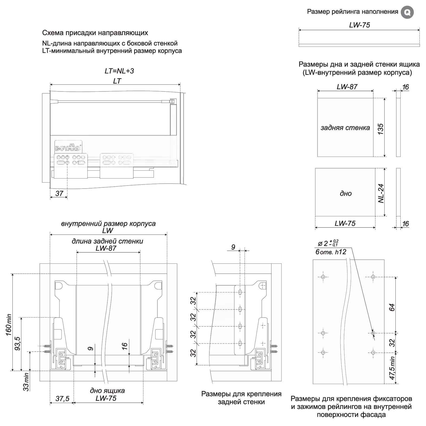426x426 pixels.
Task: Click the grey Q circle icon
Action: pyautogui.click(x=407, y=12)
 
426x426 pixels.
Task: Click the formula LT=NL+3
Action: pyautogui.click(x=119, y=71)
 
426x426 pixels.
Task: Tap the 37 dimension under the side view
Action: pyautogui.click(x=59, y=193)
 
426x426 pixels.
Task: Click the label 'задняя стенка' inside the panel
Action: pyautogui.click(x=345, y=128)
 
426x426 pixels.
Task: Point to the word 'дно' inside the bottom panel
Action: pyautogui.click(x=346, y=193)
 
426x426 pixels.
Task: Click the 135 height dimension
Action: pyautogui.click(x=380, y=129)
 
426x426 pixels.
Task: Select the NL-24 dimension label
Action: pyautogui.click(x=381, y=193)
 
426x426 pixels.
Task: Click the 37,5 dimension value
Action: pyautogui.click(x=62, y=399)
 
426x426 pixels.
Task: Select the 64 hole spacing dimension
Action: pyautogui.click(x=392, y=307)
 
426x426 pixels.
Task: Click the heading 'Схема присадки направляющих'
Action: pyautogui.click(x=95, y=33)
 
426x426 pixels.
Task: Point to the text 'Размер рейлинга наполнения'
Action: pyautogui.click(x=352, y=12)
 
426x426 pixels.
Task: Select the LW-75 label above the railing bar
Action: pyautogui.click(x=359, y=25)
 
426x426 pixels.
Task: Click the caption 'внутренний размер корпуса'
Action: pyautogui.click(x=108, y=224)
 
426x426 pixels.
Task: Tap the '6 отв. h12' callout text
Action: pyautogui.click(x=331, y=252)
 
